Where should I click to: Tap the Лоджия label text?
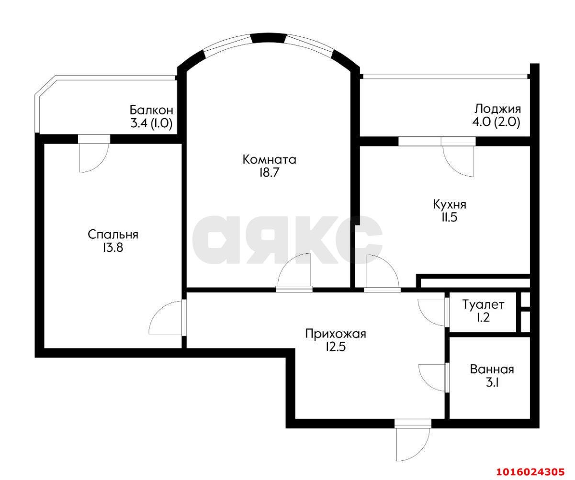click(497, 109)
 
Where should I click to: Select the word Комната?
click(269, 159)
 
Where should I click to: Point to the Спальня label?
click(113, 234)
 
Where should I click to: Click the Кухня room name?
click(449, 204)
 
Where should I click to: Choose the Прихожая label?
click(336, 334)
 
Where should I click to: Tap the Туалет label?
click(483, 304)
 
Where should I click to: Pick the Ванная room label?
click(492, 369)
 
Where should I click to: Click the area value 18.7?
click(269, 173)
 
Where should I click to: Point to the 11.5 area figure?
click(449, 218)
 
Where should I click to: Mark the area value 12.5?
click(336, 347)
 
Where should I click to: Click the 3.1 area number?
click(492, 383)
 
